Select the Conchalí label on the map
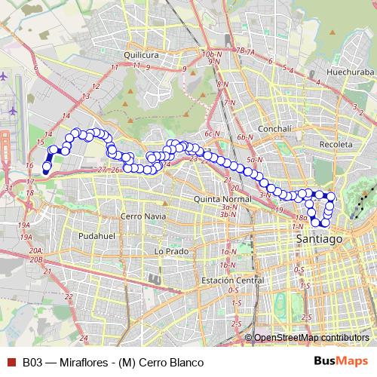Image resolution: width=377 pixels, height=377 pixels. click(x=259, y=128)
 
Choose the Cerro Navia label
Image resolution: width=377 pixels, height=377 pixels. click(x=142, y=216)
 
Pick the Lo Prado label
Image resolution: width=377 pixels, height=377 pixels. click(x=170, y=250)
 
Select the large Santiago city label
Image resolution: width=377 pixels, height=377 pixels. click(x=315, y=238)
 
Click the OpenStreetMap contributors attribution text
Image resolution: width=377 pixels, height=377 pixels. click(x=311, y=338)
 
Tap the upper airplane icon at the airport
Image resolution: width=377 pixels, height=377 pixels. click(x=5, y=77)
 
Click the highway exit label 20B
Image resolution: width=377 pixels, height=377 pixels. click(x=35, y=259)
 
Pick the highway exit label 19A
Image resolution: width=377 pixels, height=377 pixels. click(x=24, y=225)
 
